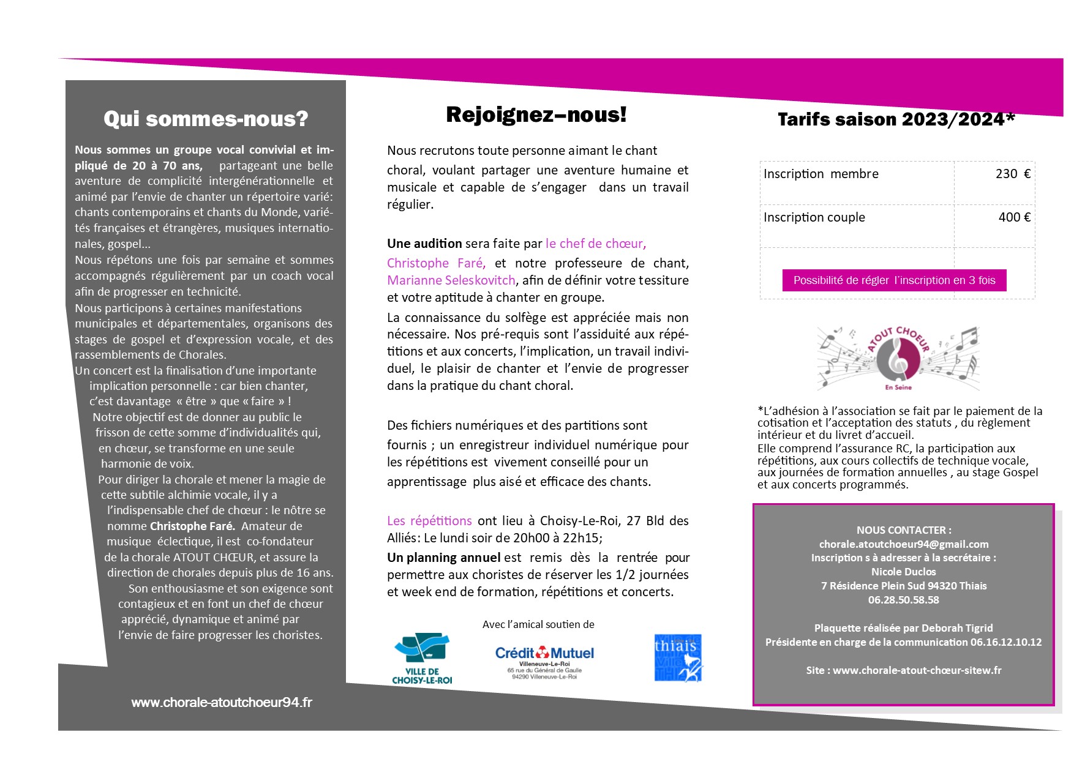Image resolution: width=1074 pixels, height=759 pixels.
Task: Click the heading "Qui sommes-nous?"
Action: point(206,119)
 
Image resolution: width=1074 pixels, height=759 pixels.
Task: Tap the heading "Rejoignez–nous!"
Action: point(536,114)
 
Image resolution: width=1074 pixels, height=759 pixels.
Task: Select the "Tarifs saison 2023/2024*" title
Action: point(896,119)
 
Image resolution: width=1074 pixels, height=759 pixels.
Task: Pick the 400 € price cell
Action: point(1014,217)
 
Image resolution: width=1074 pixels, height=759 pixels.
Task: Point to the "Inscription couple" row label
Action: point(814,217)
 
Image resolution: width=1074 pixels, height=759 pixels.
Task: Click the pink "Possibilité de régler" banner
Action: point(894,280)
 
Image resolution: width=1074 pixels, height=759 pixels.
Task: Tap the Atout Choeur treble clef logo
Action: point(898,358)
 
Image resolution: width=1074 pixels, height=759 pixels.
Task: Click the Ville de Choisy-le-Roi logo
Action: point(422,659)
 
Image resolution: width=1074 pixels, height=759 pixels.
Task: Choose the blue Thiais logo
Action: point(678,658)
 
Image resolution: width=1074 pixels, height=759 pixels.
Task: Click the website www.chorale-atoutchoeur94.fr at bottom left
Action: point(222,703)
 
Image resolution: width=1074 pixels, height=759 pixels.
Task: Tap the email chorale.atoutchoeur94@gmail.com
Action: point(904,544)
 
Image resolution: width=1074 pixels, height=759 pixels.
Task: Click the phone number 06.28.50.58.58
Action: point(904,600)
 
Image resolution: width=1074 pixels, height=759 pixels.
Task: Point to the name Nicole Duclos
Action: point(904,572)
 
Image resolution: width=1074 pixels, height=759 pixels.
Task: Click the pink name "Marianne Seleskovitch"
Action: point(451,280)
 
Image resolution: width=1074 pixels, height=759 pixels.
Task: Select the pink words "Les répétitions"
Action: point(429,521)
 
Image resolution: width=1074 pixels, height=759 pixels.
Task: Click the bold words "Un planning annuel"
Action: point(444,558)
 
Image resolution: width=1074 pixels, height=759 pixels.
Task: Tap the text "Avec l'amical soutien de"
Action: point(538,624)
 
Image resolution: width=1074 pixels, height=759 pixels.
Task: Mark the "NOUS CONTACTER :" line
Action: point(904,530)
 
